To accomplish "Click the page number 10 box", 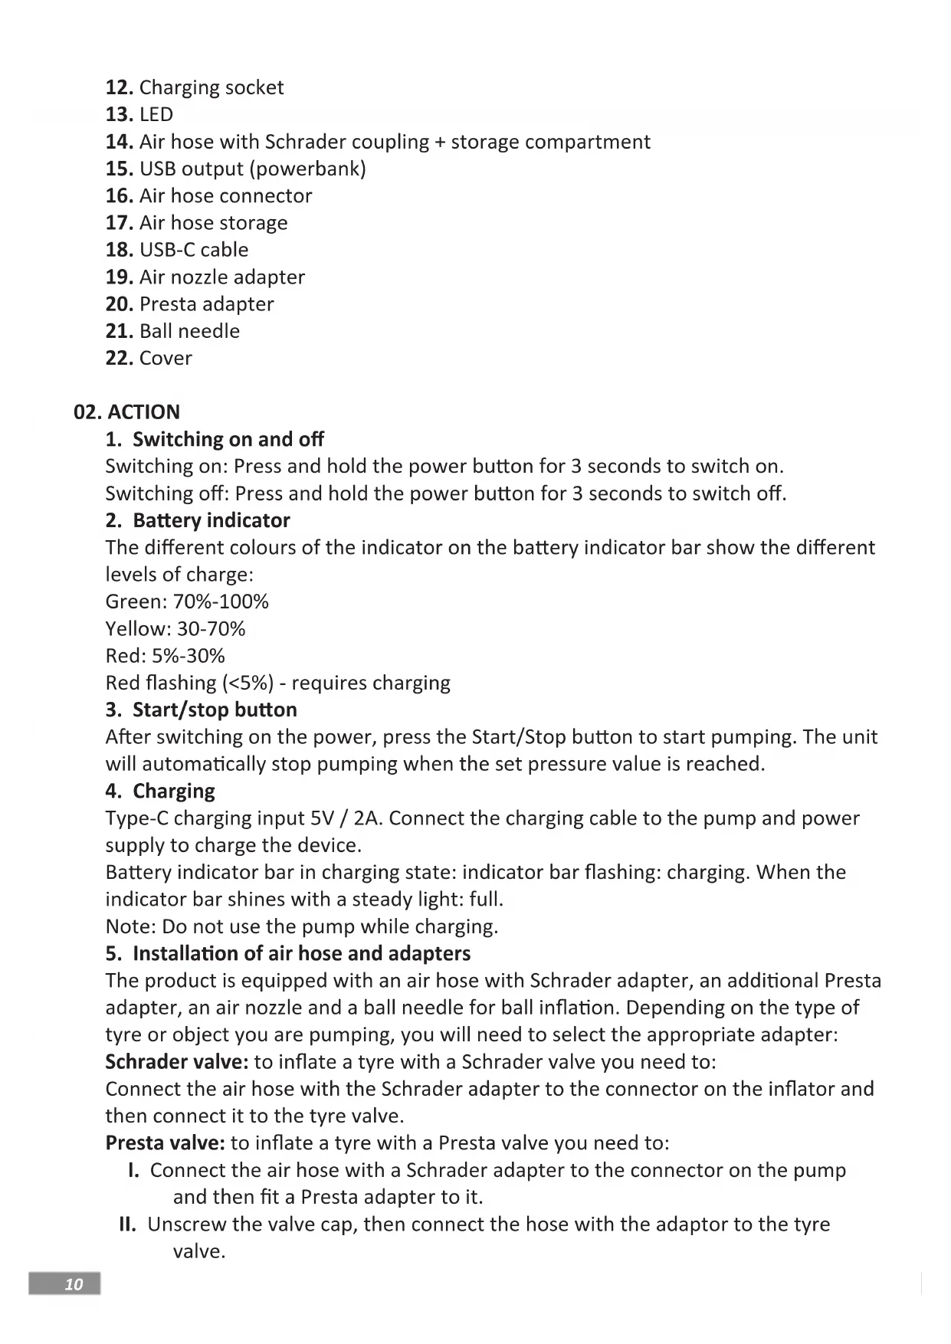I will [x=64, y=1283].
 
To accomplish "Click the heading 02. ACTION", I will [x=126, y=412].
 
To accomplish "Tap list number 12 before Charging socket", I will [x=119, y=87].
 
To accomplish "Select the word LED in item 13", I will [x=156, y=114].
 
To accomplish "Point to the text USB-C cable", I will [x=194, y=250].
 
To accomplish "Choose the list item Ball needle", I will [x=189, y=331].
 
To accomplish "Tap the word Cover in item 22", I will [x=166, y=358].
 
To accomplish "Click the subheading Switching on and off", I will [x=228, y=439].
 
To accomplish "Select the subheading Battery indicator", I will [x=211, y=520].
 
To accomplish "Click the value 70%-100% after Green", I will [x=221, y=602].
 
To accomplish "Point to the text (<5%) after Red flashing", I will [x=247, y=683].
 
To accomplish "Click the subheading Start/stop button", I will [x=215, y=710].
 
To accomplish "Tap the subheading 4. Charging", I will [x=160, y=791].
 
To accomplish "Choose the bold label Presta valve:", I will [x=165, y=1143].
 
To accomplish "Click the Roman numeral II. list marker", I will [x=128, y=1224].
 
